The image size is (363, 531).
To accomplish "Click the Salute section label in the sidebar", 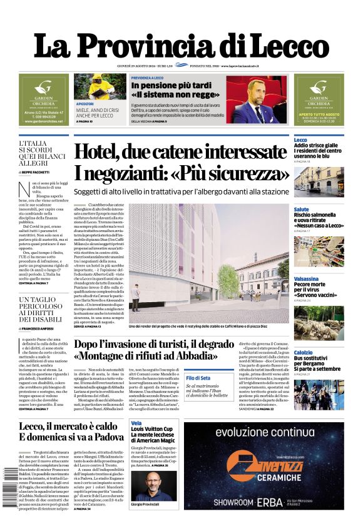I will [x=302, y=210].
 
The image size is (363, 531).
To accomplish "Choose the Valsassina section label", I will [x=306, y=278].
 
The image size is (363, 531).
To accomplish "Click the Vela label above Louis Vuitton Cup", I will [x=136, y=423].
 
